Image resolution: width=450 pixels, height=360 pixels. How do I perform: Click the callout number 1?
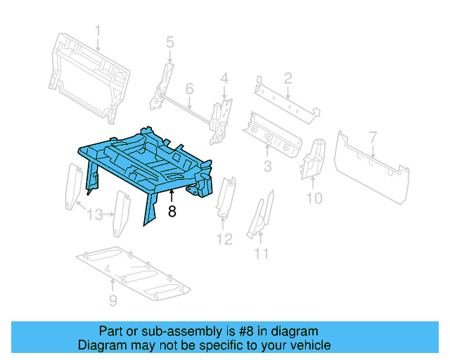[98, 30]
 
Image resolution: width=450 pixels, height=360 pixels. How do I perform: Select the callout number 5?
[169, 44]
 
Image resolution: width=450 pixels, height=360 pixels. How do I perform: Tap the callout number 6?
[189, 89]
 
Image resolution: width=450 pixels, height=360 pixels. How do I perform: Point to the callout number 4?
[224, 78]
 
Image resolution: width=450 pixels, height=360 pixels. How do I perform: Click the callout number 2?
[288, 78]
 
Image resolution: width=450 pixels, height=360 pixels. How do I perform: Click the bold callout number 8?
[172, 212]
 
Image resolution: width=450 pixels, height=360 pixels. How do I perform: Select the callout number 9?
[113, 302]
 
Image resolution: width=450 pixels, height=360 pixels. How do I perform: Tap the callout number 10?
[314, 199]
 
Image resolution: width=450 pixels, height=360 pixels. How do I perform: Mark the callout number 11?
[262, 254]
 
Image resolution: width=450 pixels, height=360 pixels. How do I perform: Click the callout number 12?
[224, 240]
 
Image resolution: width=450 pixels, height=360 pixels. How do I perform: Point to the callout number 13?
[95, 214]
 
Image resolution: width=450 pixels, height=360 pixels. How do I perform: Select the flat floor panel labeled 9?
[134, 271]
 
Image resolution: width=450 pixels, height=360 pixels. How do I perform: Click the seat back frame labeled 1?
[88, 70]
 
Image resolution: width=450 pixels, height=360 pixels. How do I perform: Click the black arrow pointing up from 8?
[172, 196]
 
